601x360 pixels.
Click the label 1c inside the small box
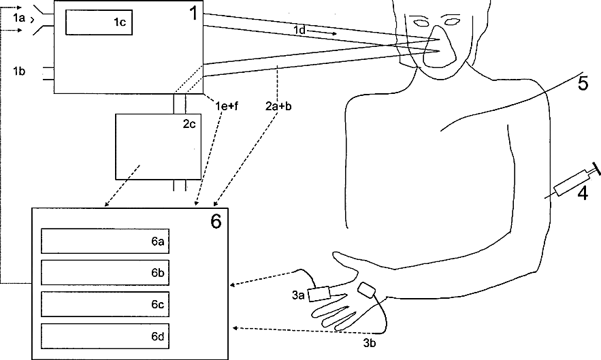point(120,22)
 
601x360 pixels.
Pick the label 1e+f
point(227,105)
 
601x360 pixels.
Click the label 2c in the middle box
point(189,125)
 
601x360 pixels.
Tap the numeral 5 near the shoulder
point(583,84)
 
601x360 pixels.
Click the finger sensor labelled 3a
point(319,294)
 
